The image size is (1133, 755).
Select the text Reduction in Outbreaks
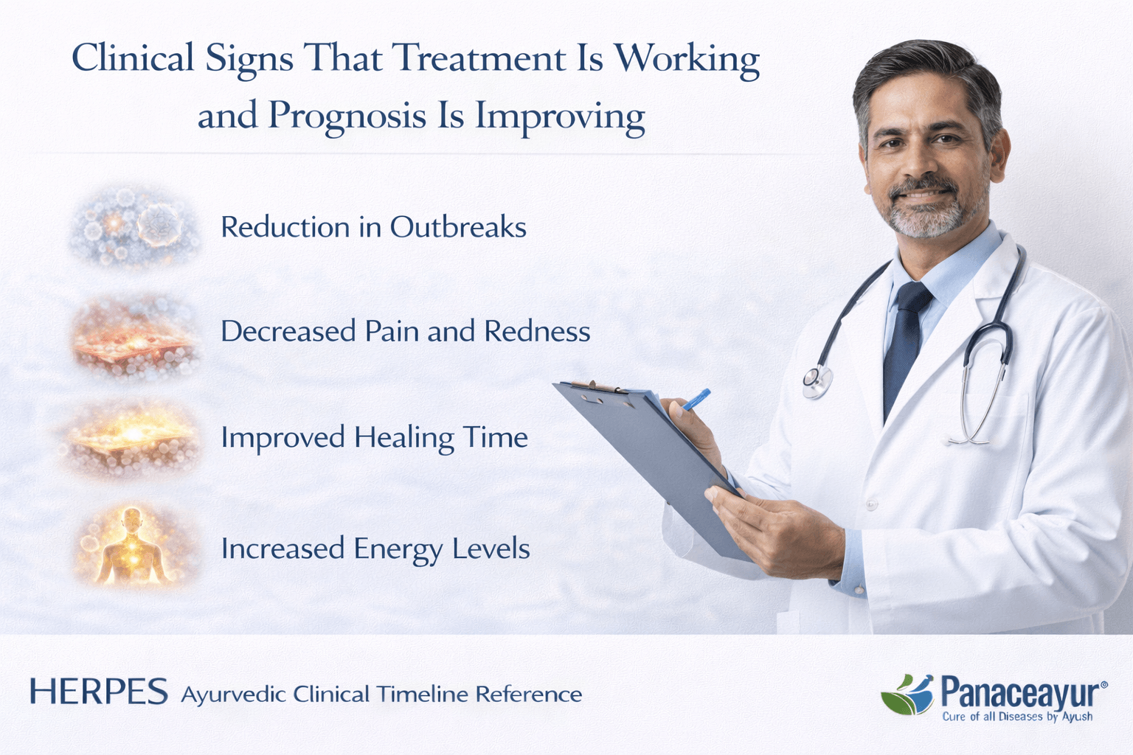pyautogui.click(x=373, y=227)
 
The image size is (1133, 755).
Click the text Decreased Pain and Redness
pyautogui.click(x=405, y=332)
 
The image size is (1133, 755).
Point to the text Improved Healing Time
pyautogui.click(x=374, y=438)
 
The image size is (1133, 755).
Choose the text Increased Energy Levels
pyautogui.click(x=375, y=549)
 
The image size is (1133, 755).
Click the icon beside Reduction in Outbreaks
pyautogui.click(x=135, y=226)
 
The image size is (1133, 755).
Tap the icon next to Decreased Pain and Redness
pyautogui.click(x=135, y=335)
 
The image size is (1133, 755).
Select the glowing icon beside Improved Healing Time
pyautogui.click(x=133, y=439)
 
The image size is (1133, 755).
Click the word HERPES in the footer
pyautogui.click(x=99, y=693)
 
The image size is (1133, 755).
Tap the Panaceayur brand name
pyautogui.click(x=1021, y=693)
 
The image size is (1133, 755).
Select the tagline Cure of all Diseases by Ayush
pyautogui.click(x=1017, y=717)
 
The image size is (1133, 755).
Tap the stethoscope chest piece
pyautogui.click(x=817, y=380)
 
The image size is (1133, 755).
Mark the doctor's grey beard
pyautogui.click(x=926, y=216)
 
